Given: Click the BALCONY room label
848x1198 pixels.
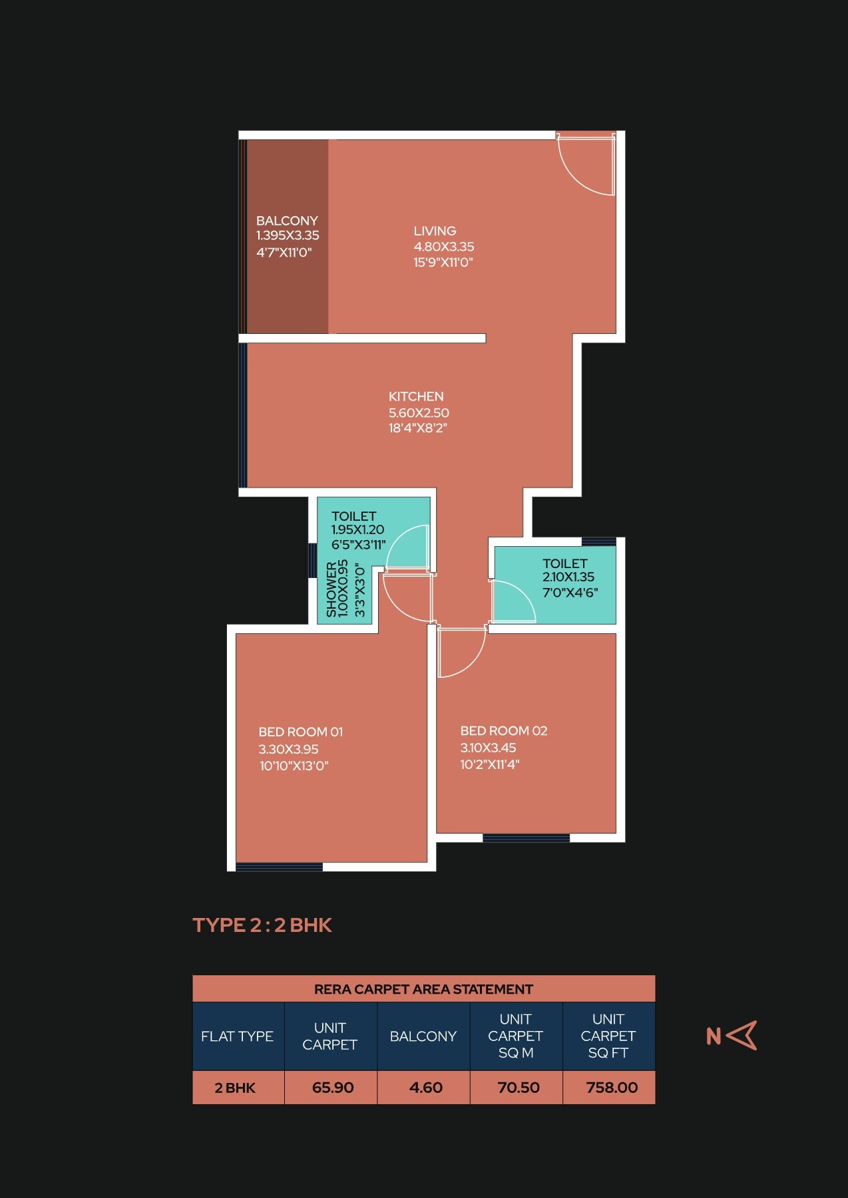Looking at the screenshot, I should pyautogui.click(x=287, y=220).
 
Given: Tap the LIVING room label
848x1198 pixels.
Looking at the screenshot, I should pyautogui.click(x=435, y=231).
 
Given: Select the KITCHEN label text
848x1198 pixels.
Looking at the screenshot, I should pyautogui.click(x=416, y=396).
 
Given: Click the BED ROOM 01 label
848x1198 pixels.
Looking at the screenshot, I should pyautogui.click(x=300, y=732).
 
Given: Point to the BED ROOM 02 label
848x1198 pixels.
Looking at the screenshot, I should pyautogui.click(x=503, y=730).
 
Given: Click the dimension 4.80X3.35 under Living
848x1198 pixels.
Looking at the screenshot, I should pyautogui.click(x=444, y=247).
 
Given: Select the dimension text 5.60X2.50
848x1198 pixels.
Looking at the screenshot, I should pyautogui.click(x=419, y=412).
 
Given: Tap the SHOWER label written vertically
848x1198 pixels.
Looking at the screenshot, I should pyautogui.click(x=331, y=589).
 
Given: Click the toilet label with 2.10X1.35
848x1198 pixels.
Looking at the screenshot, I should pyautogui.click(x=565, y=563).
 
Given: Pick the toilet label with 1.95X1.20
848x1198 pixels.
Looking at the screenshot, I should pyautogui.click(x=353, y=516).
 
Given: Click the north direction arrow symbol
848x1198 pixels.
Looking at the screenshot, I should pyautogui.click(x=742, y=1036).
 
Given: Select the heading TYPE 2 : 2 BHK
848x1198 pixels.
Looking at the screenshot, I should pyautogui.click(x=262, y=925).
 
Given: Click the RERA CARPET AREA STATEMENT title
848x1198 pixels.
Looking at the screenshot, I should pyautogui.click(x=423, y=989).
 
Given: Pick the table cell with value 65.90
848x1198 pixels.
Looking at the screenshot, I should pyautogui.click(x=332, y=1088).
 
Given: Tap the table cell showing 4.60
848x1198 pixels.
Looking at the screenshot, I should pyautogui.click(x=425, y=1088).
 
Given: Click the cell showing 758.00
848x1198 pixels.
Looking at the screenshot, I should pyautogui.click(x=611, y=1088).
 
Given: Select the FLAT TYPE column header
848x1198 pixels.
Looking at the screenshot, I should pyautogui.click(x=237, y=1036).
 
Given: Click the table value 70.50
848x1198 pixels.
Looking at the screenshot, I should pyautogui.click(x=518, y=1088).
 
